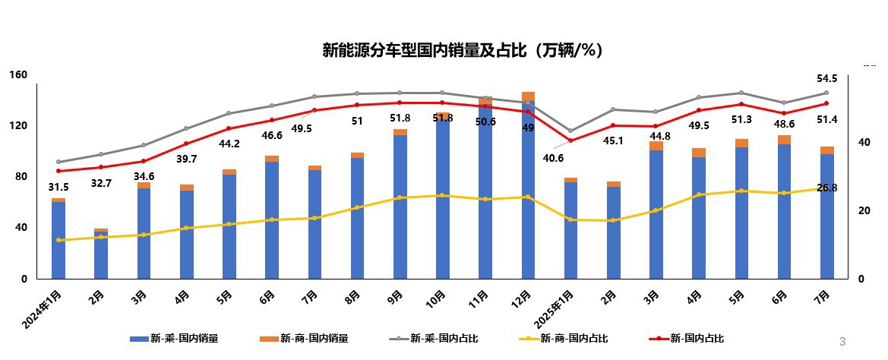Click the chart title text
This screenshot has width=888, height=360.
[463, 51]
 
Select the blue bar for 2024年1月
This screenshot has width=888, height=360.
[58, 240]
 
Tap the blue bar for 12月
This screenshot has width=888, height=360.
[528, 190]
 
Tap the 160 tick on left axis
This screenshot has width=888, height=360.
[19, 74]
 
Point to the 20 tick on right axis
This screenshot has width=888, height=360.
[861, 210]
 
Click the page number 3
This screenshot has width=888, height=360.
[842, 341]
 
